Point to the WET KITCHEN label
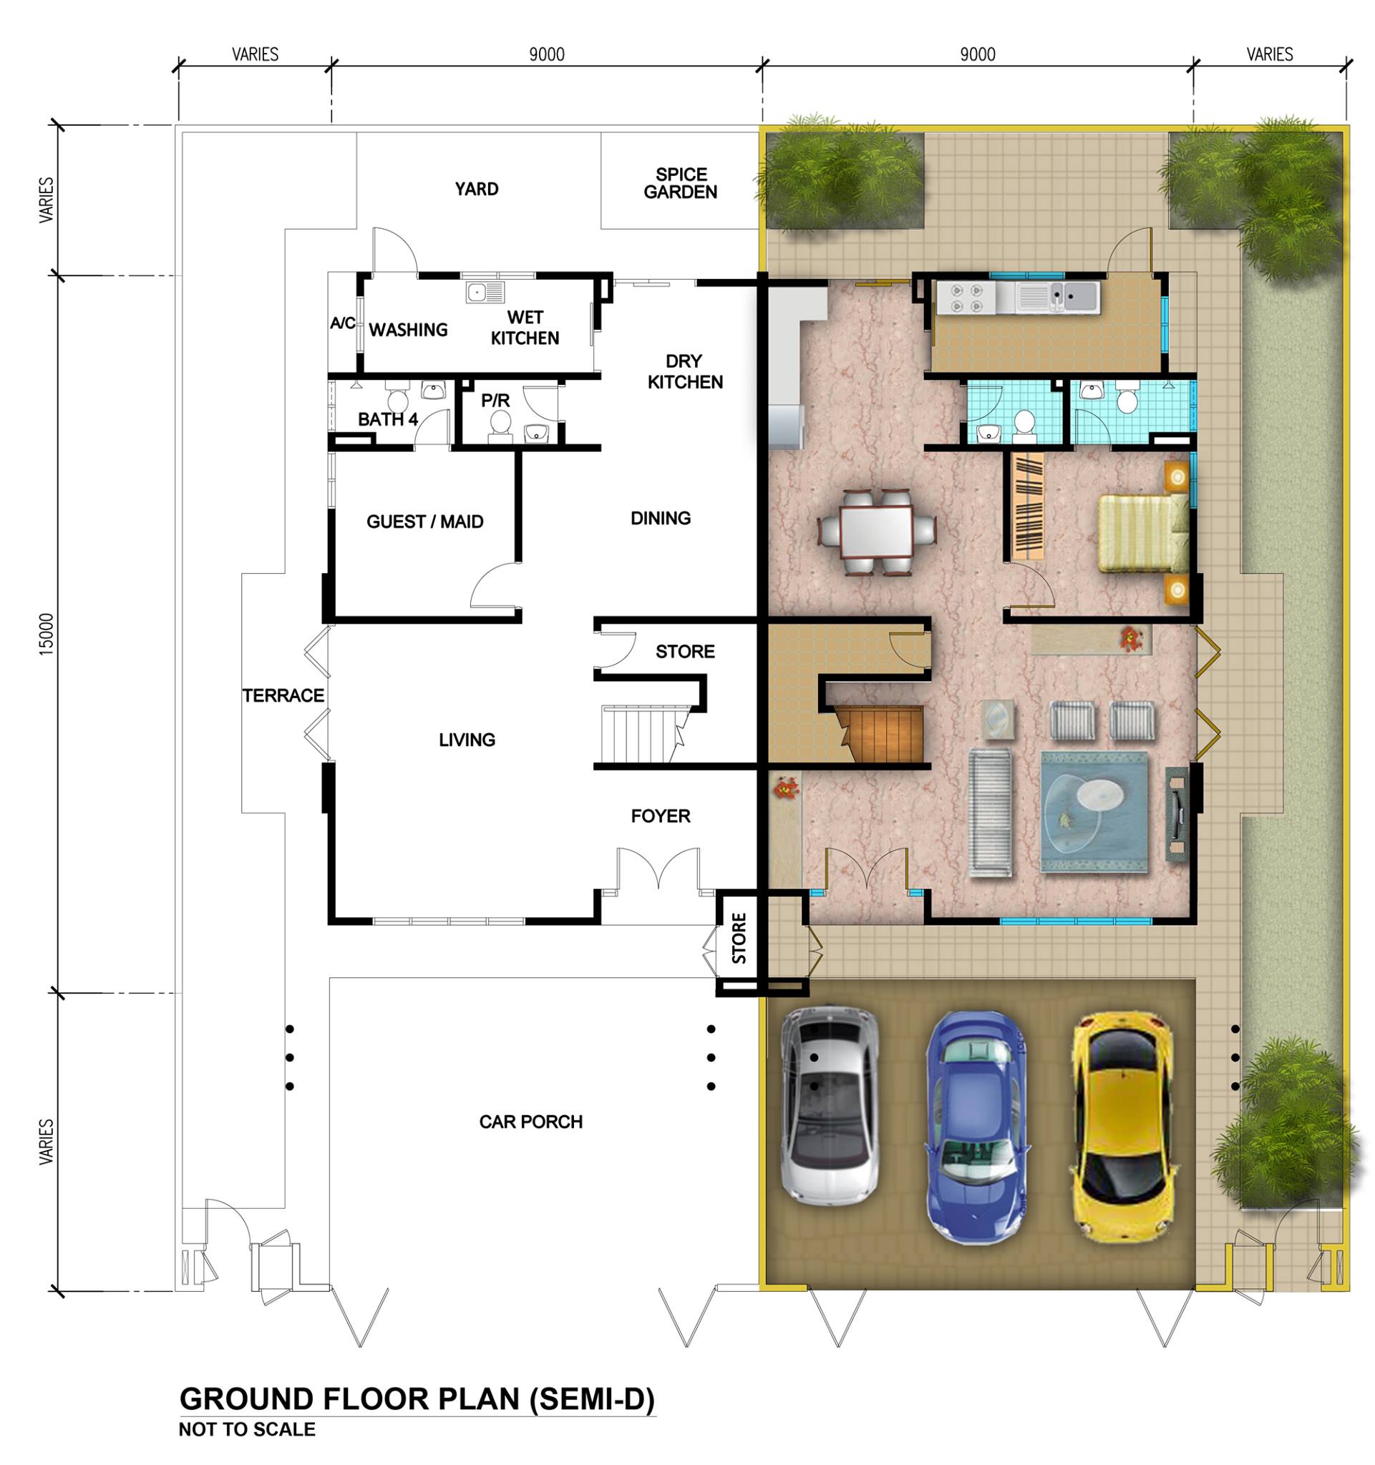click(525, 328)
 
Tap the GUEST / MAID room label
click(424, 521)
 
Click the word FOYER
click(661, 815)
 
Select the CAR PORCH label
click(531, 1122)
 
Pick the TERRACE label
click(283, 695)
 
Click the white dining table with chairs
click(878, 531)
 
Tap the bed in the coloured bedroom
click(1144, 532)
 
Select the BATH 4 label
click(388, 419)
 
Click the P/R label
click(495, 400)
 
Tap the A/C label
click(343, 323)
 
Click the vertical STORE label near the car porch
click(739, 938)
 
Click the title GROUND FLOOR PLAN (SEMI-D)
click(417, 1398)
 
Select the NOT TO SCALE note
click(247, 1429)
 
